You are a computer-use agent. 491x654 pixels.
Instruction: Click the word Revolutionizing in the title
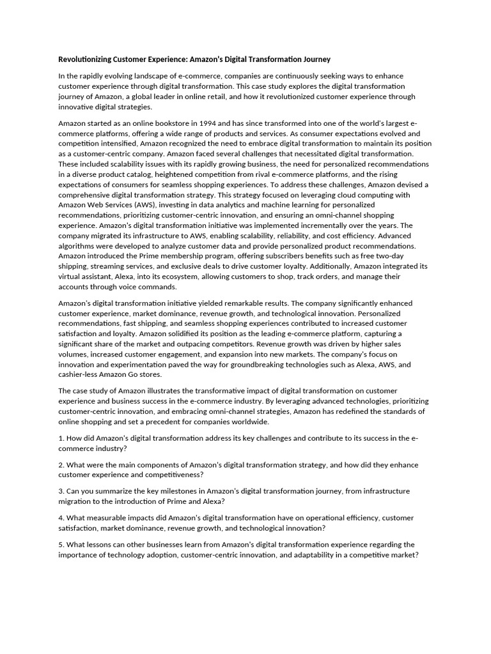(x=85, y=59)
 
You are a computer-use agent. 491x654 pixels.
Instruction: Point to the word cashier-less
(x=78, y=375)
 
